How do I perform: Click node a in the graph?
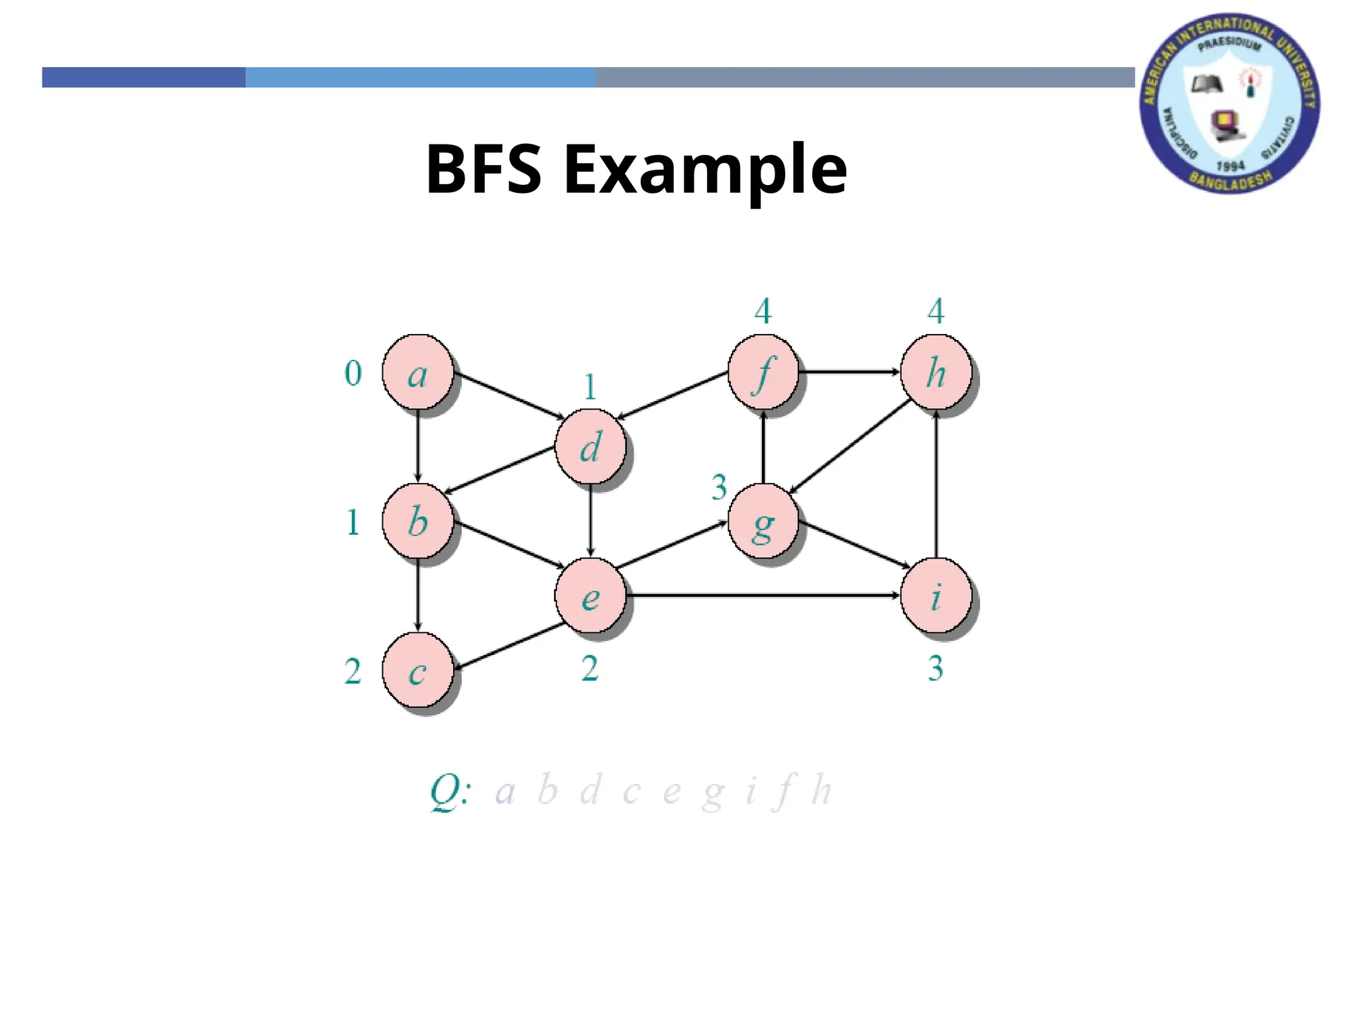[417, 372]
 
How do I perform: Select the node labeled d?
[590, 447]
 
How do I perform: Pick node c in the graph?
[417, 671]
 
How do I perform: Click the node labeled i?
[936, 596]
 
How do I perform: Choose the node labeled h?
[936, 372]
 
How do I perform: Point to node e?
[590, 596]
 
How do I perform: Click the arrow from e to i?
[762, 596]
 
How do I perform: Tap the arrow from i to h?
[936, 484]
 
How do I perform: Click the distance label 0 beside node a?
[353, 373]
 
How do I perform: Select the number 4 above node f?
[763, 311]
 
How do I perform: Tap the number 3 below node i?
[936, 668]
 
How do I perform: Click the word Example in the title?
[705, 169]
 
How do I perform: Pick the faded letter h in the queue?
[822, 789]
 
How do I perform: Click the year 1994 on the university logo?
[1230, 166]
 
